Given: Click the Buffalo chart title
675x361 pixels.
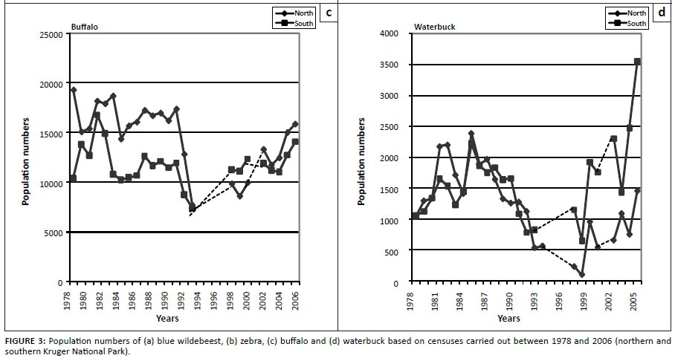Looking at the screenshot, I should click(84, 27).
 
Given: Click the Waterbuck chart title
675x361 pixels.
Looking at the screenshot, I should click(434, 27).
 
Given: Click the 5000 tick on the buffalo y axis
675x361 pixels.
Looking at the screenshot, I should click(54, 232).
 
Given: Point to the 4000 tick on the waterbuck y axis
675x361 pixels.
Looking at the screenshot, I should click(395, 33).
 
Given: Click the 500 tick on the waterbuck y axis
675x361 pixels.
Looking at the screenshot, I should click(398, 252).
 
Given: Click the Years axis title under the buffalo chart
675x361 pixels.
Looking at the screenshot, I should click(167, 319).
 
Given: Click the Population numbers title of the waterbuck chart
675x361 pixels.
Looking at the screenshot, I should click(363, 157).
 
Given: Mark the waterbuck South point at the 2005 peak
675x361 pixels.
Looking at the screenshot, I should click(637, 62).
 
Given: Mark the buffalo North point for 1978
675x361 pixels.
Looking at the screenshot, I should click(73, 90).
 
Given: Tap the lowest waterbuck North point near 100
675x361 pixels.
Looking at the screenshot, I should click(582, 275).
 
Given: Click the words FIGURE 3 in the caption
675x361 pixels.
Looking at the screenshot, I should click(24, 341).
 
